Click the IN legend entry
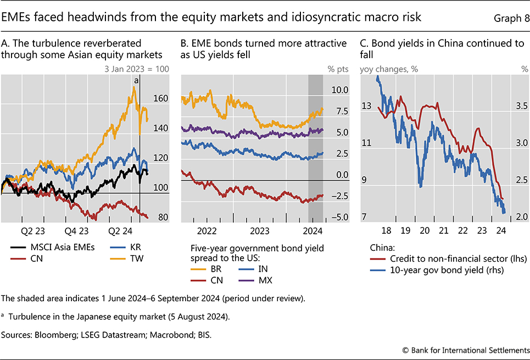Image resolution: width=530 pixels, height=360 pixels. (260, 268)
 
